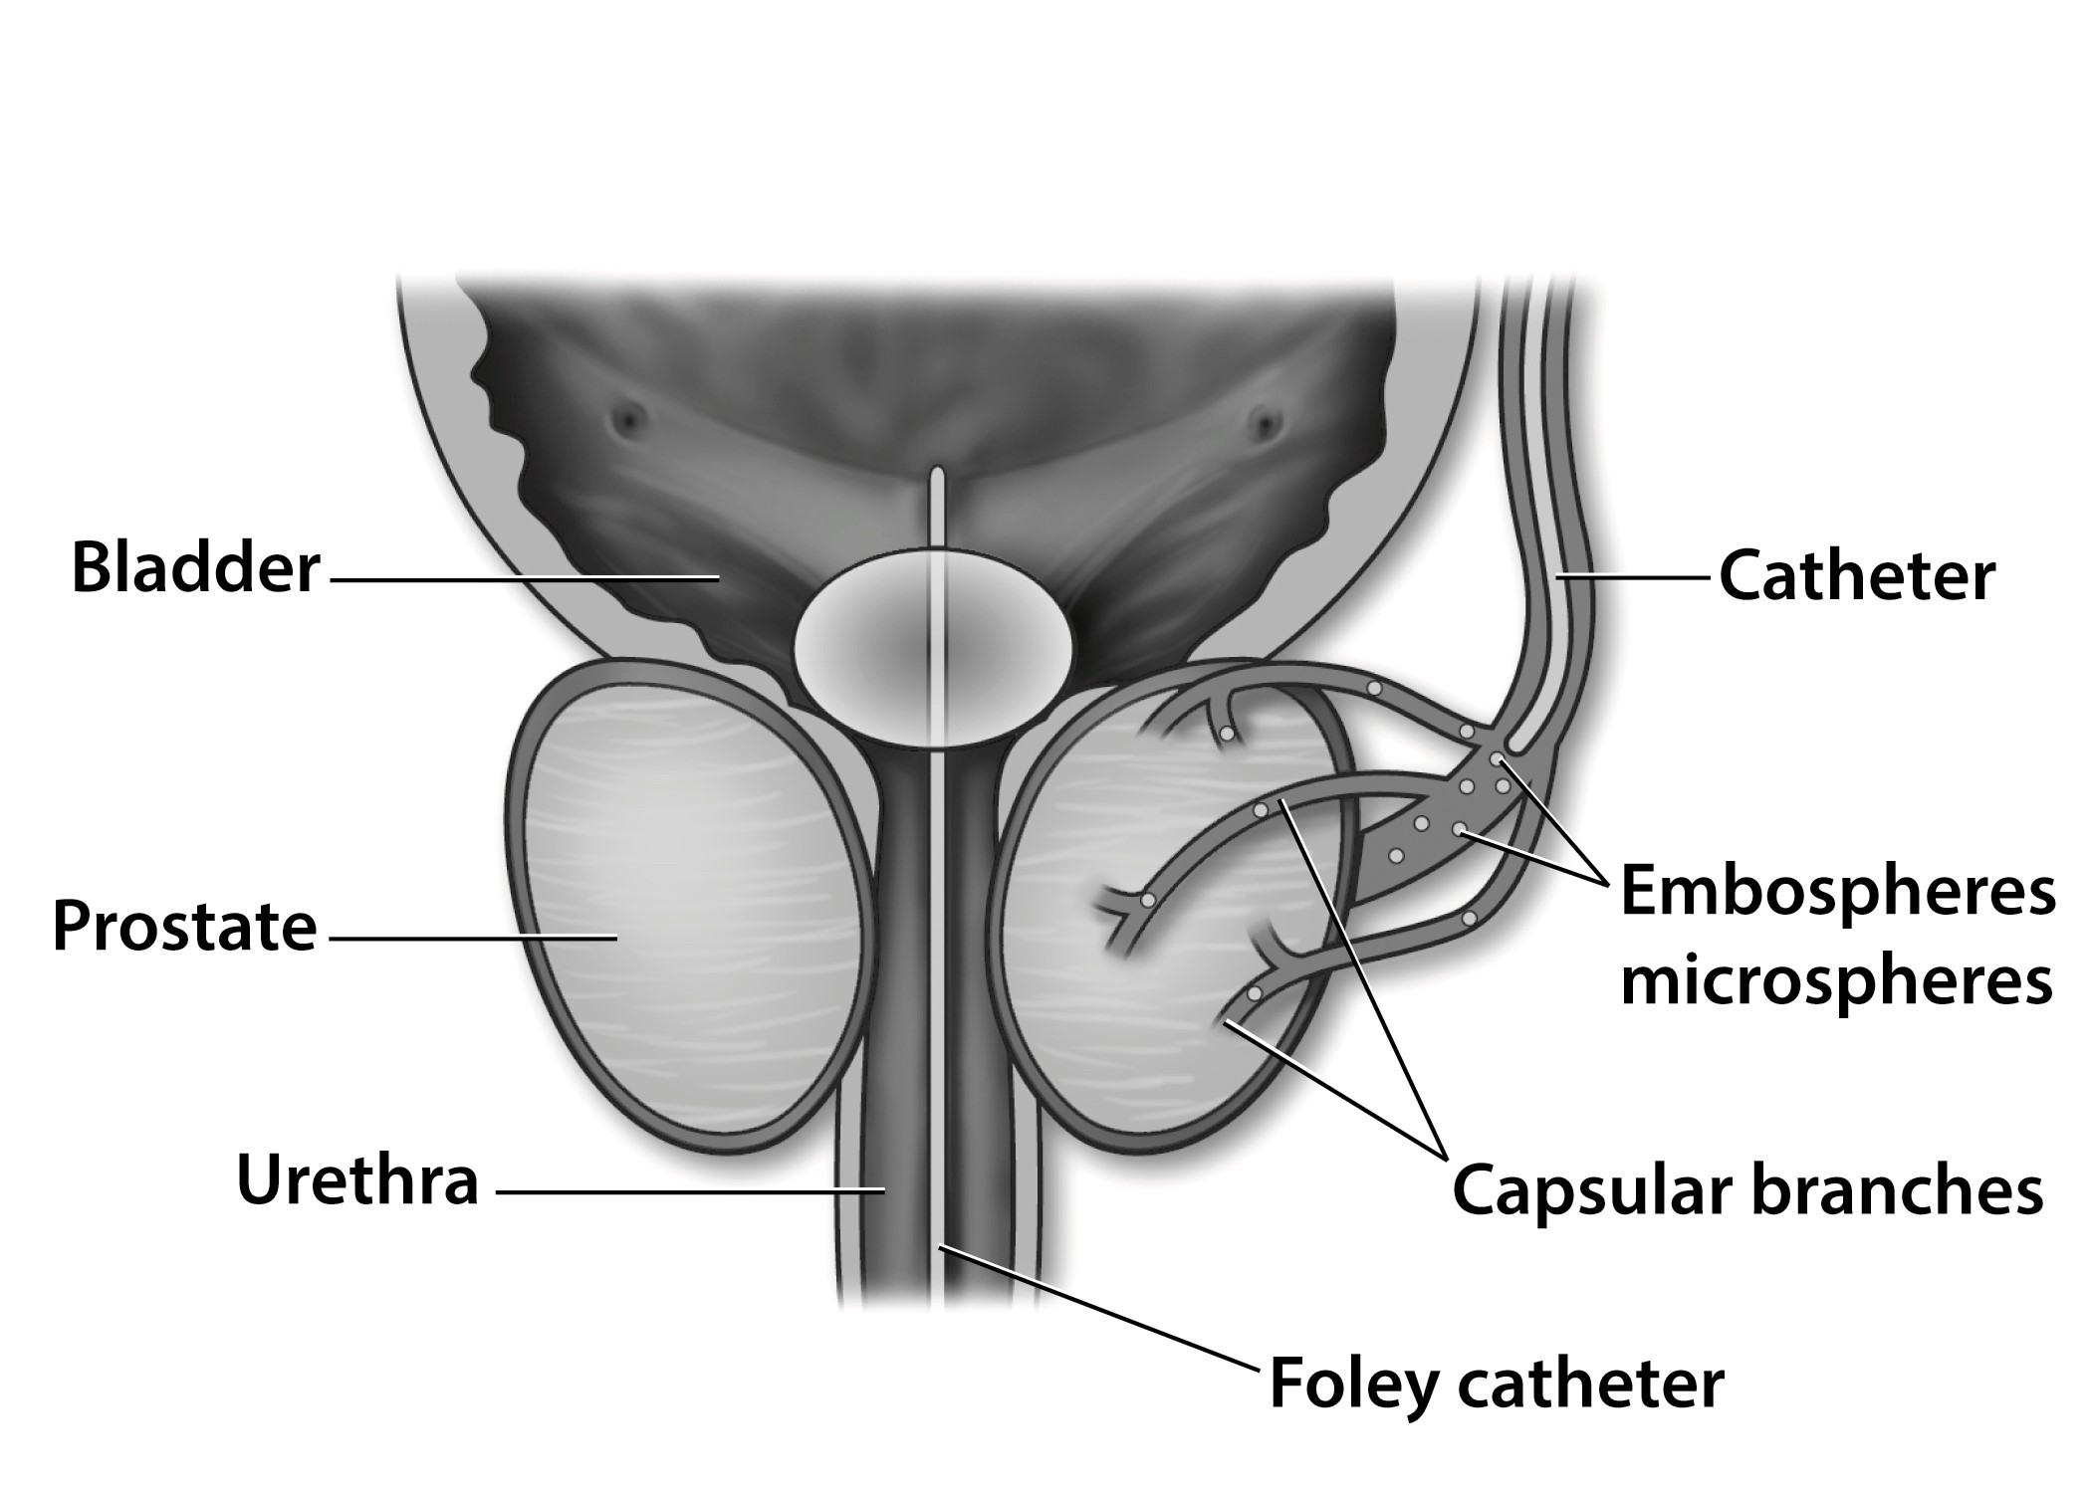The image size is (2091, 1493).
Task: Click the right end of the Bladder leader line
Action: (719, 578)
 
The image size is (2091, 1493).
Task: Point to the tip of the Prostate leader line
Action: (616, 938)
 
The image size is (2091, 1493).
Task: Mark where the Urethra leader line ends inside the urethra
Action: (884, 1189)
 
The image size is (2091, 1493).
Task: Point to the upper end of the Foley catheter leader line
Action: (939, 1246)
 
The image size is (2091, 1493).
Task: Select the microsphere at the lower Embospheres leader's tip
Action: (1459, 829)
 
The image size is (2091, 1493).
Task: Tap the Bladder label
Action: (196, 569)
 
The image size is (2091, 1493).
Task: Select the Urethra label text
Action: (357, 1180)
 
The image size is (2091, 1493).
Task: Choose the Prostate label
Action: (184, 928)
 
